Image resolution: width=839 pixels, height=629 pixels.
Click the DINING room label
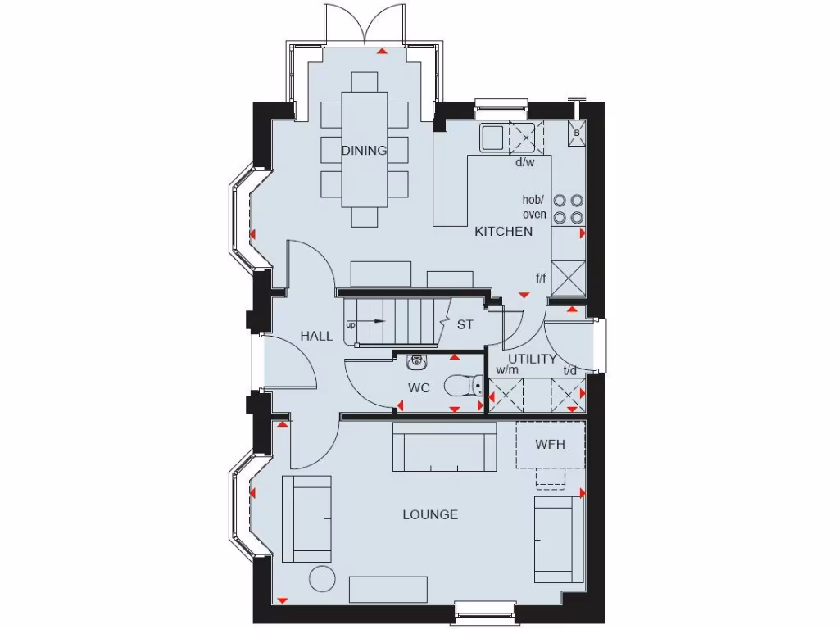point(364,151)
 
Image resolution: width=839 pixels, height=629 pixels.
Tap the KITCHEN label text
point(504,232)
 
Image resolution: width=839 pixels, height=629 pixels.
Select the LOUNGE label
point(430,514)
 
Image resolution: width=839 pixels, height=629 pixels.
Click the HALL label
point(316,336)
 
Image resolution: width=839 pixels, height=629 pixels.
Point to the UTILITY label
point(532,359)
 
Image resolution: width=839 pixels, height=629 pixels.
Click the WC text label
point(419,387)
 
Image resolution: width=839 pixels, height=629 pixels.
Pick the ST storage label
point(465,324)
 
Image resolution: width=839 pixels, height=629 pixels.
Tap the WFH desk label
point(550,445)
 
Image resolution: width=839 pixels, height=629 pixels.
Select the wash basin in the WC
point(418,360)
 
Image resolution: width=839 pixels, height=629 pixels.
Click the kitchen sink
point(493,137)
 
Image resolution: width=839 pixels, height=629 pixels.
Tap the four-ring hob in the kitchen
point(568,208)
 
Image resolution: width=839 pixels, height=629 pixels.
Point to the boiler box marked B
point(577,133)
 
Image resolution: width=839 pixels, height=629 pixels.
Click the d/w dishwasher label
point(524,162)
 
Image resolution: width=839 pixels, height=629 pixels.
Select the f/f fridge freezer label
point(541,278)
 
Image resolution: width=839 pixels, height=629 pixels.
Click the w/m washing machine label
point(507,371)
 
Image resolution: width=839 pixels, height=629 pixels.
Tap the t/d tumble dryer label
point(570,371)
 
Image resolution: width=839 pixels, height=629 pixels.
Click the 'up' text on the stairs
point(351,325)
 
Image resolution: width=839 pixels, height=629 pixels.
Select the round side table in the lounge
point(322,578)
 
